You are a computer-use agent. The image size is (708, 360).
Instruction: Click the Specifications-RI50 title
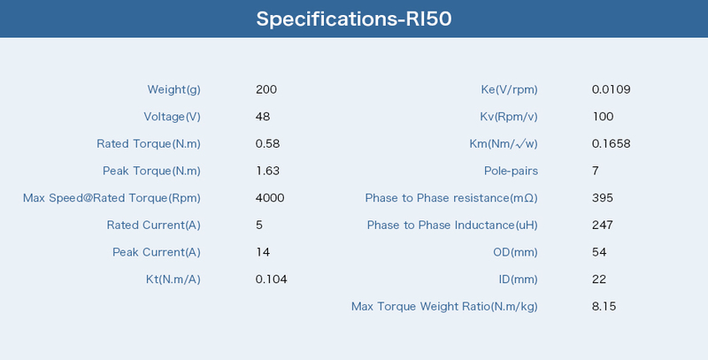click(354, 19)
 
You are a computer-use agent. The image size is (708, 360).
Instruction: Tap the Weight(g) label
click(173, 89)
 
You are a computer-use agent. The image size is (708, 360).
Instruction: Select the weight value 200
click(266, 89)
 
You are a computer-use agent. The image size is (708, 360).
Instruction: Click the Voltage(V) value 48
click(262, 117)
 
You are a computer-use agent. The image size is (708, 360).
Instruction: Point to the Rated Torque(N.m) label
click(149, 144)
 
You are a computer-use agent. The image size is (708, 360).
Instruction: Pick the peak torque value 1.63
click(267, 171)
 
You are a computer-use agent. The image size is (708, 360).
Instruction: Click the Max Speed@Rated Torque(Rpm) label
click(112, 198)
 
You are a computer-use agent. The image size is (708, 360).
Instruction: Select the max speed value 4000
click(270, 197)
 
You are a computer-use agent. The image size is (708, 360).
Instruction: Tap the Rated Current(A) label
click(153, 226)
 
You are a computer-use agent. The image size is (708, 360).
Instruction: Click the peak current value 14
click(263, 252)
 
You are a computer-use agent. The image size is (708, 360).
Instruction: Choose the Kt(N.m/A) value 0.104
click(272, 280)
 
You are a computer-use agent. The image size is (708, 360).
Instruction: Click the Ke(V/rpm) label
click(510, 89)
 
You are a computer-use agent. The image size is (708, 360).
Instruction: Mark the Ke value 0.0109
click(611, 89)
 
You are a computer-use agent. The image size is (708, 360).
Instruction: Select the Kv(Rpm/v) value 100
click(603, 117)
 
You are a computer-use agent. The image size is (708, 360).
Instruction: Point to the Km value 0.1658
click(611, 143)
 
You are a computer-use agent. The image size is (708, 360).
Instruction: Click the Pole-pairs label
click(512, 171)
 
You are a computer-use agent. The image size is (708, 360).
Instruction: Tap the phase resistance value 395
click(603, 197)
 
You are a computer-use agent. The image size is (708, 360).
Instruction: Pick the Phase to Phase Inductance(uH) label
click(452, 226)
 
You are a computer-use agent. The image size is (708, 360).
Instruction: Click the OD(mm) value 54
click(599, 252)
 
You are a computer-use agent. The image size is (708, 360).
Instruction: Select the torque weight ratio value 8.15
click(604, 306)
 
